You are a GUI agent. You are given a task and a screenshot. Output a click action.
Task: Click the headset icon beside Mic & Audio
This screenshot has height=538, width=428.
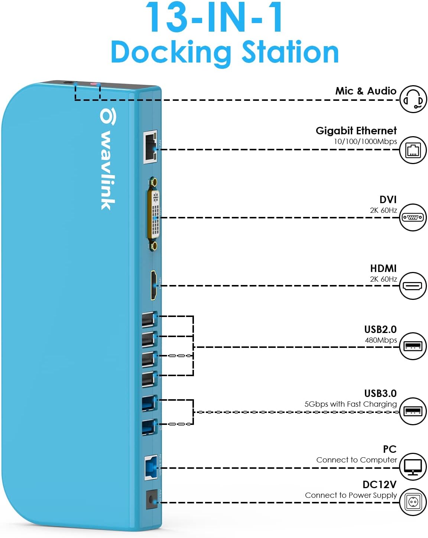tap(413, 99)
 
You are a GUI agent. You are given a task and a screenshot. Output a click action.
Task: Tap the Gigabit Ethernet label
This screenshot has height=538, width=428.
tap(356, 131)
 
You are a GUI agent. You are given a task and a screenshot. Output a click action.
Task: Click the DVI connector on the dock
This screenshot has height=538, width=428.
tap(155, 214)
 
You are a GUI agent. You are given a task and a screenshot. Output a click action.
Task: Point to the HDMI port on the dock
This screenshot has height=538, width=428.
tap(154, 285)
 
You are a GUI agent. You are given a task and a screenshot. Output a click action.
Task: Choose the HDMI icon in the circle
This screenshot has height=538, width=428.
tap(413, 286)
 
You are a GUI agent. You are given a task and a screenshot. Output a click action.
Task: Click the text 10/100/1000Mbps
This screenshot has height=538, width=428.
tap(365, 141)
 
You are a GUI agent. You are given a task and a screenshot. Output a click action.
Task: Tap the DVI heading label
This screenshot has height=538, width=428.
tap(388, 199)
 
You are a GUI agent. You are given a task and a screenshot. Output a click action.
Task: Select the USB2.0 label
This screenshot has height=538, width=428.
tap(380, 329)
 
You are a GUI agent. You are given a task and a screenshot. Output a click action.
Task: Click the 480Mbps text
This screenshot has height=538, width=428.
tap(380, 340)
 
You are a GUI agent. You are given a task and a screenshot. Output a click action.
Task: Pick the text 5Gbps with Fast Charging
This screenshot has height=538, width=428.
tap(350, 404)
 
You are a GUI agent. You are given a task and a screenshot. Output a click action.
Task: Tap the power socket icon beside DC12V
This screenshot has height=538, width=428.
tap(413, 502)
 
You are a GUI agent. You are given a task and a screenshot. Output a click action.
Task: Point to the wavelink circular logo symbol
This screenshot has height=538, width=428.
tap(108, 116)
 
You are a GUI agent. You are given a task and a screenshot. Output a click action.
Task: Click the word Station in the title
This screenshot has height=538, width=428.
tap(290, 52)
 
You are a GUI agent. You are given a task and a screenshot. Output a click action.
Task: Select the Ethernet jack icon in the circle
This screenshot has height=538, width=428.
tap(413, 150)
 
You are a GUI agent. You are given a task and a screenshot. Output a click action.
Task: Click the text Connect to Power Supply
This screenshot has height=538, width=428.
tap(351, 495)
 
